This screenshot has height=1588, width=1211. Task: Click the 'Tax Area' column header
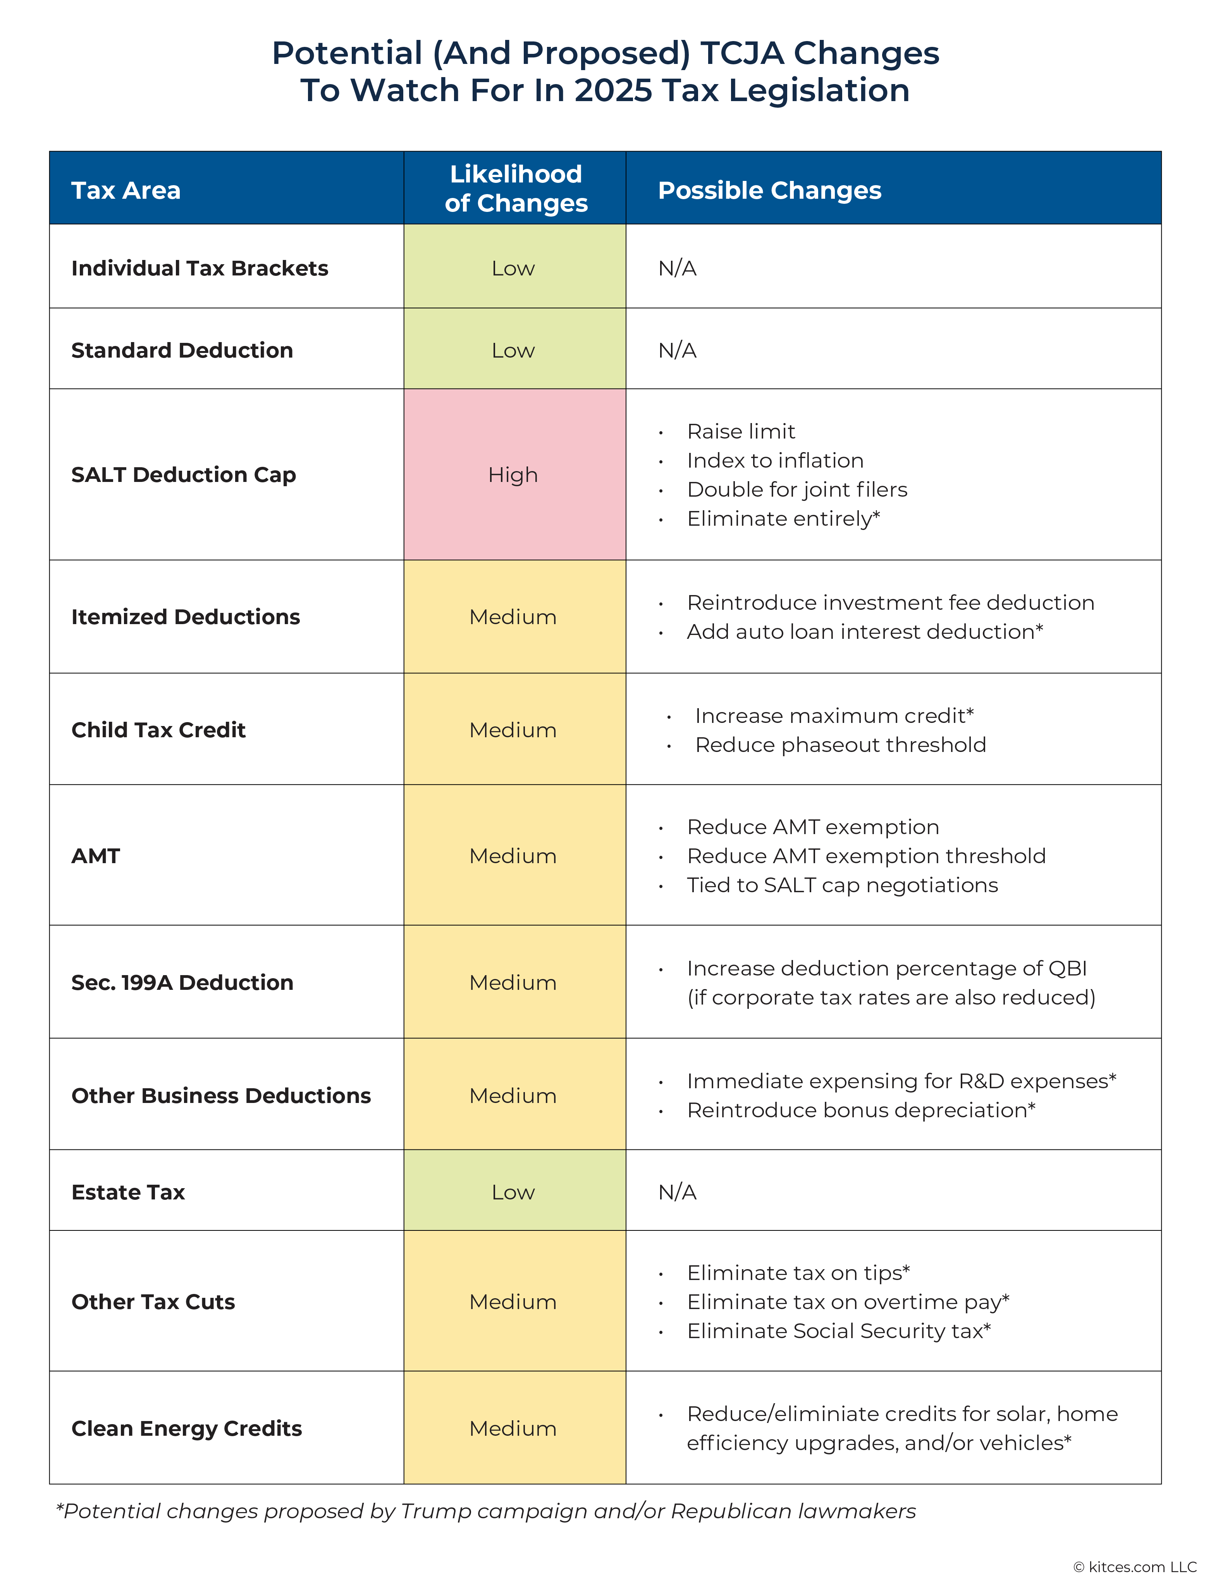(x=126, y=190)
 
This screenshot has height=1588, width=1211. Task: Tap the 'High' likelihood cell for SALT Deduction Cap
(x=513, y=474)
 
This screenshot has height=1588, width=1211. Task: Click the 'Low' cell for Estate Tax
(x=513, y=1192)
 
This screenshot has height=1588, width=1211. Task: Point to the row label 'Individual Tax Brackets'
(x=200, y=268)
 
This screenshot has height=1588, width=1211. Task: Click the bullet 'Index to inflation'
(x=775, y=460)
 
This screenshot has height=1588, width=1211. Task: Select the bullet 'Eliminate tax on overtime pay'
(x=848, y=1301)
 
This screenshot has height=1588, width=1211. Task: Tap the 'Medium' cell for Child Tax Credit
(x=513, y=729)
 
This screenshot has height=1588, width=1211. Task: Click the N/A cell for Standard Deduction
(x=678, y=350)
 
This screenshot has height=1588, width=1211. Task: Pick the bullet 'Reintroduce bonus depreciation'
(x=861, y=1110)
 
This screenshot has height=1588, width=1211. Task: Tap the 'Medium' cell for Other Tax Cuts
(x=513, y=1301)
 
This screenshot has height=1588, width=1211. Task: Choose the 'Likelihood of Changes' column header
(x=516, y=188)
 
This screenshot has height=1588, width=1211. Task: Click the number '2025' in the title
(x=613, y=90)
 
